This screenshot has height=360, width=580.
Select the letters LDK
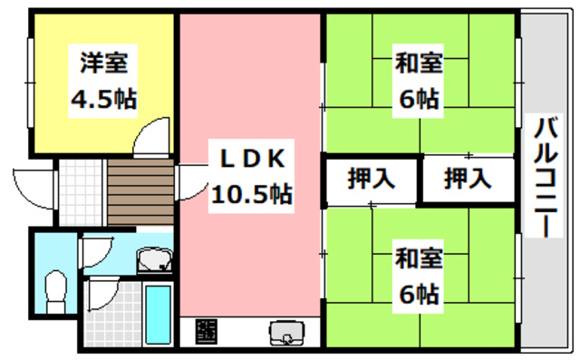pos(252,159)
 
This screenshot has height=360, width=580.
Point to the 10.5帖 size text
pos(252,192)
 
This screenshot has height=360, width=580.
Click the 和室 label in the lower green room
pos(418,259)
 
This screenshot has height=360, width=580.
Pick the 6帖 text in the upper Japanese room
pos(418,98)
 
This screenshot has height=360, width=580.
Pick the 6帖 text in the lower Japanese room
pos(418,294)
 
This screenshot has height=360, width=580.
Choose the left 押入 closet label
pos(372,179)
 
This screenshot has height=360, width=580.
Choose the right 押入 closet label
pos(468,179)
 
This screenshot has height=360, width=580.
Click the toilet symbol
pos(55,287)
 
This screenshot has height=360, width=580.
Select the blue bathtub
pos(159,312)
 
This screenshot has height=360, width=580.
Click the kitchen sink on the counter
pos(286,334)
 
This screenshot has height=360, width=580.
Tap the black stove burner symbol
pos(208,333)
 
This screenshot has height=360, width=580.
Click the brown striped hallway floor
pos(140,191)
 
